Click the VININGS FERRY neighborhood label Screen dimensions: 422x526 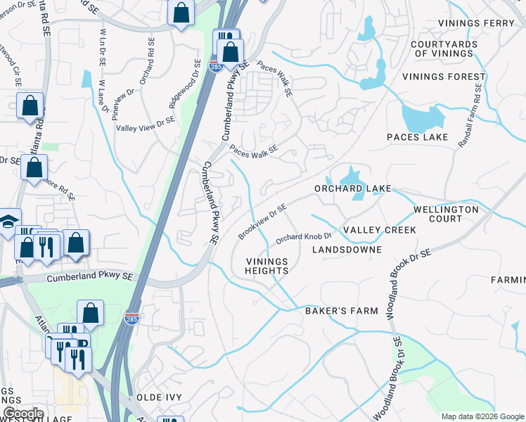click(x=476, y=23)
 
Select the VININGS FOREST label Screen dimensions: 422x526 click(x=444, y=77)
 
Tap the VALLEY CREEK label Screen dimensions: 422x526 click(x=379, y=230)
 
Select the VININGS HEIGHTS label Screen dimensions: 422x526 click(x=267, y=266)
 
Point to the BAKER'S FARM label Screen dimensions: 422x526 click(x=341, y=310)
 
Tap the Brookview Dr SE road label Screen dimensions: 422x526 click(x=262, y=222)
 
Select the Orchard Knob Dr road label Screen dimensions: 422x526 click(x=303, y=238)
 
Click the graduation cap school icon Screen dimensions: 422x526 click(x=8, y=222)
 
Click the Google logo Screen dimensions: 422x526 click(x=23, y=414)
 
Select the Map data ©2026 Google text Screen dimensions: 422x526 click(x=482, y=416)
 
